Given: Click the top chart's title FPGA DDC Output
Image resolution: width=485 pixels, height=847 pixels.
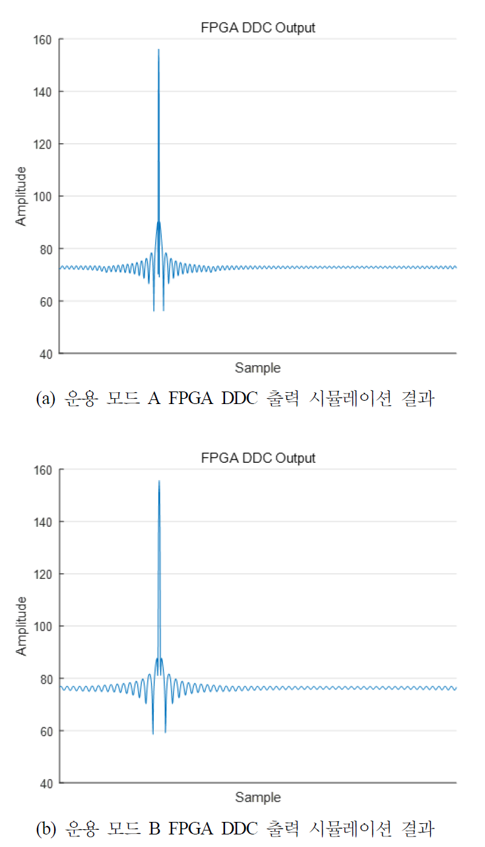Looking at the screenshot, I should [x=257, y=28].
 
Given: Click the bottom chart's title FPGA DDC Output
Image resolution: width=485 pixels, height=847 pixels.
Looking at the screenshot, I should [x=257, y=457].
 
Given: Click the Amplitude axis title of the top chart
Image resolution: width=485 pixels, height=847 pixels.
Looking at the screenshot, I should [x=22, y=197].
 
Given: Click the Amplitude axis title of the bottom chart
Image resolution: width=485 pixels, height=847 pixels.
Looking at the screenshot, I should [x=22, y=626].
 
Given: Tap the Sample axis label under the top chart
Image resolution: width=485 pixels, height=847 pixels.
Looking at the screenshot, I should [x=257, y=368].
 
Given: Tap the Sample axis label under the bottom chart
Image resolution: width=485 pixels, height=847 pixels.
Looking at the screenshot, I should [x=257, y=797].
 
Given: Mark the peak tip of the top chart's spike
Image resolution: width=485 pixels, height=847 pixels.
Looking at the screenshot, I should [x=158, y=50].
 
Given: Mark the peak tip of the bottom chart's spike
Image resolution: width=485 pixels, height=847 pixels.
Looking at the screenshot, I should [x=159, y=481].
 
